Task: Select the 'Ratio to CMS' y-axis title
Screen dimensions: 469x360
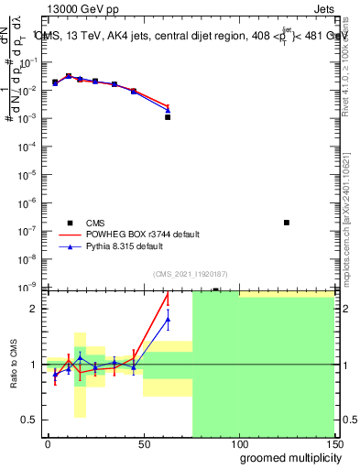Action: point(15,364)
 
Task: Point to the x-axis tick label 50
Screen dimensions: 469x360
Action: point(143,443)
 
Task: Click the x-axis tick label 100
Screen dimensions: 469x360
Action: point(238,443)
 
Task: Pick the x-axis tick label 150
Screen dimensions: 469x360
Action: point(333,443)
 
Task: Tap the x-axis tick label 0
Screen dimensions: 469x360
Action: point(48,443)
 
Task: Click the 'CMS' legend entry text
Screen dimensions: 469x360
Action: point(95,223)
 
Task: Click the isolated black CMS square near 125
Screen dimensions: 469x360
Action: point(287,223)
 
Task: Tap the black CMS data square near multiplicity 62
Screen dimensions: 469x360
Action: point(168,117)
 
